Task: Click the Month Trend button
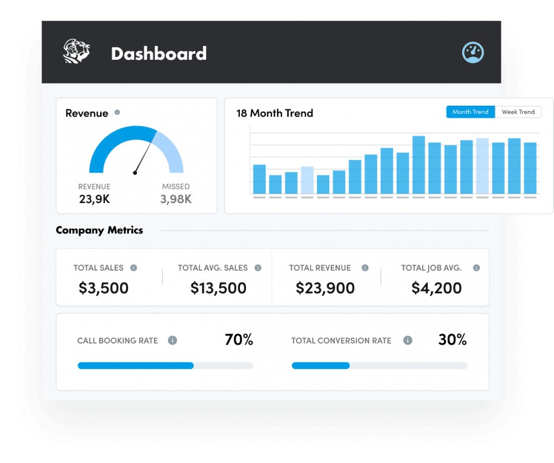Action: coord(470,112)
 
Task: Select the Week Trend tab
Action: coord(518,112)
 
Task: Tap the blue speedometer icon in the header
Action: coord(473,53)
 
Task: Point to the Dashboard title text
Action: coord(158,54)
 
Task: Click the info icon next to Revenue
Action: coord(117,112)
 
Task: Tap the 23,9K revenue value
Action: coord(94,199)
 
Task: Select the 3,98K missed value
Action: coord(176,199)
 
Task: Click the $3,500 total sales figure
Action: coord(103,288)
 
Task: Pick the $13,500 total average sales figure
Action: coord(218,288)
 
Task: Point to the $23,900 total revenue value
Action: coord(325,288)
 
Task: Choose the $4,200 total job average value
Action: coord(437,288)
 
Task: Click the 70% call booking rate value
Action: coord(239,340)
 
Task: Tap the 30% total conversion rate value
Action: coord(452,340)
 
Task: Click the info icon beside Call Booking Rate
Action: coord(172,340)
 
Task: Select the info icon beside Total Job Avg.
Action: coord(476,268)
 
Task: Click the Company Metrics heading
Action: coord(99,230)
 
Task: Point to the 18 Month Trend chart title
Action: coord(275,113)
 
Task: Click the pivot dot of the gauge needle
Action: coord(135,173)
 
